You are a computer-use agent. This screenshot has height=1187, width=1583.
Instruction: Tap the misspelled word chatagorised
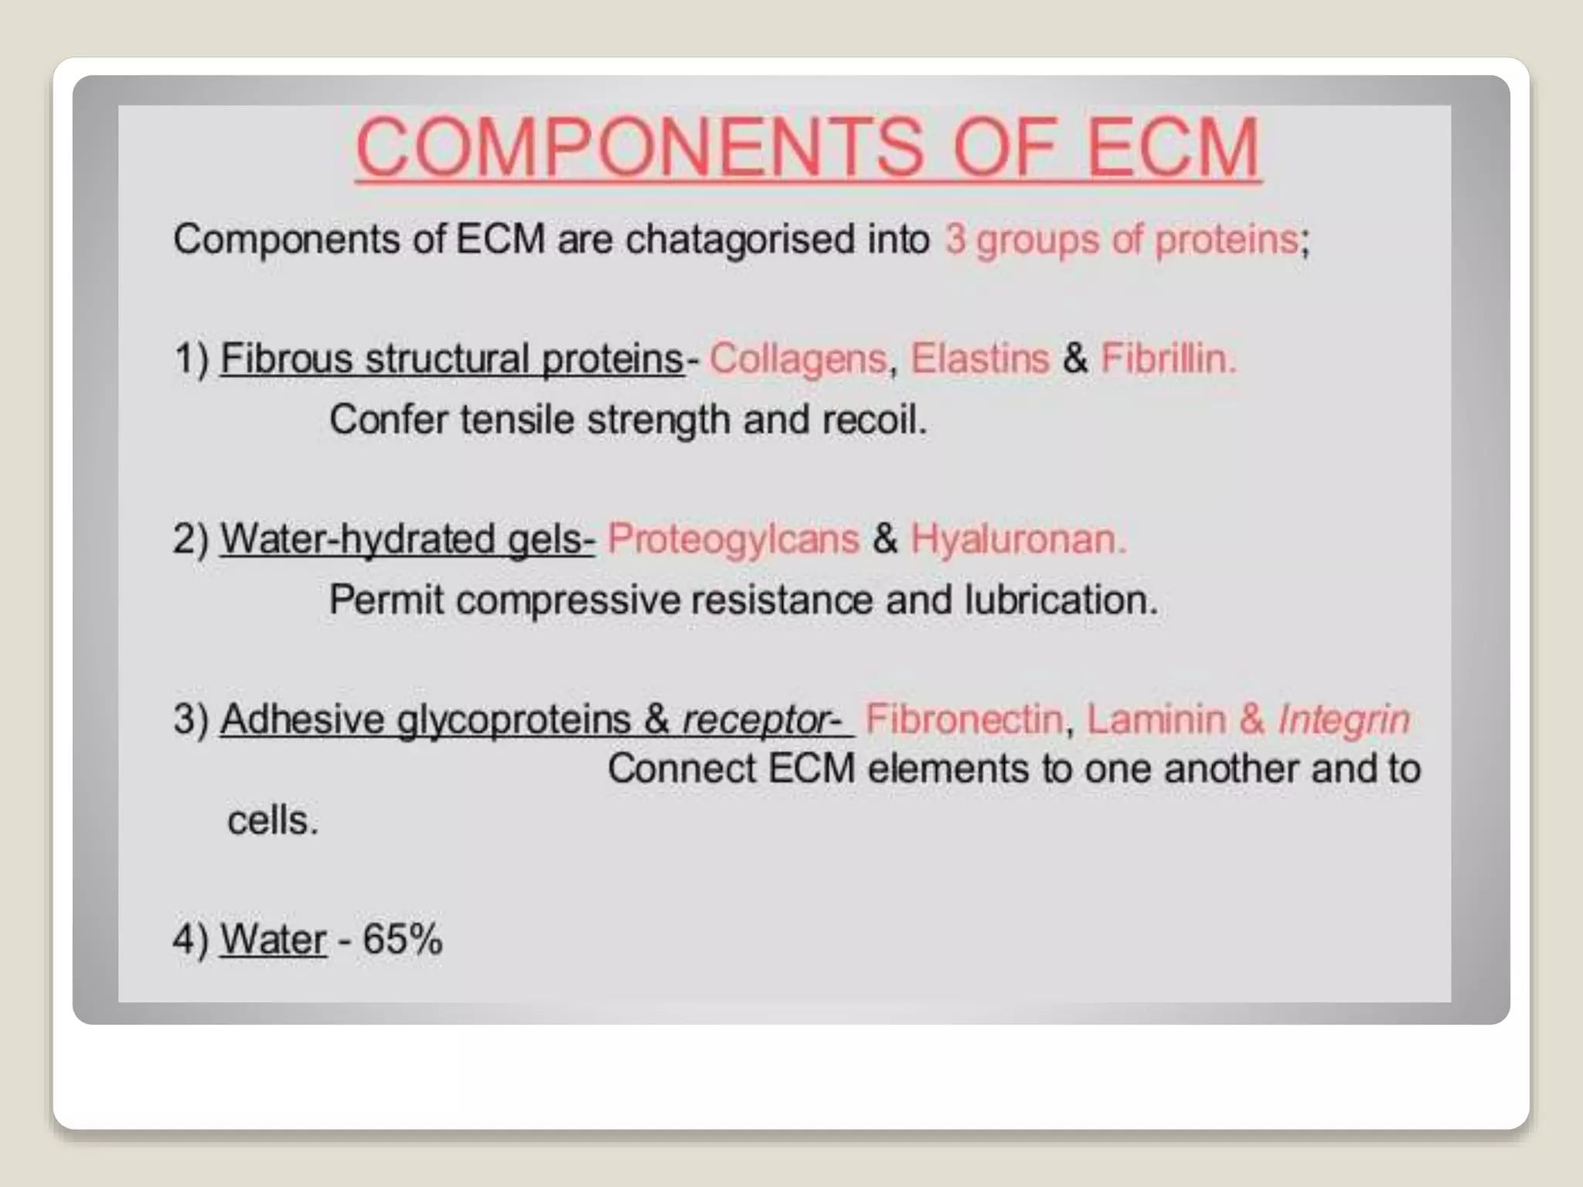(x=777, y=239)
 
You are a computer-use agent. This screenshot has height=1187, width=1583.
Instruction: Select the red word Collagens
(x=798, y=359)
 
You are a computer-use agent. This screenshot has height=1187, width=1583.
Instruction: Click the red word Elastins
(x=979, y=359)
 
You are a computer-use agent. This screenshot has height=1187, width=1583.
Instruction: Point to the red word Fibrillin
(x=1168, y=359)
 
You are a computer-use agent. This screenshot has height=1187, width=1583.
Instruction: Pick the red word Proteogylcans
(x=733, y=539)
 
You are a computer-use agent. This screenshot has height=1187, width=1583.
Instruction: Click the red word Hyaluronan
(x=1018, y=539)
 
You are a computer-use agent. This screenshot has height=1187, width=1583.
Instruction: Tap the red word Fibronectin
(x=964, y=719)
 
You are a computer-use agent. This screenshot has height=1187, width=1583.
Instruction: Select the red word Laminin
(x=1156, y=719)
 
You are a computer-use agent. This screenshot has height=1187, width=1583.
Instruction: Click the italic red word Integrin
(x=1344, y=719)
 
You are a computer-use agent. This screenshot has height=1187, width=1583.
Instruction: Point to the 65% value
(x=402, y=939)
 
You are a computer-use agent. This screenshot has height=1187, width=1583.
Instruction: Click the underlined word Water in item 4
(x=273, y=940)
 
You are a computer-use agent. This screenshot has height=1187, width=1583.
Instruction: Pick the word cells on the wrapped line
(x=271, y=820)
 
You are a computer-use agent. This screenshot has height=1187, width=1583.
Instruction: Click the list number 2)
(x=191, y=539)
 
